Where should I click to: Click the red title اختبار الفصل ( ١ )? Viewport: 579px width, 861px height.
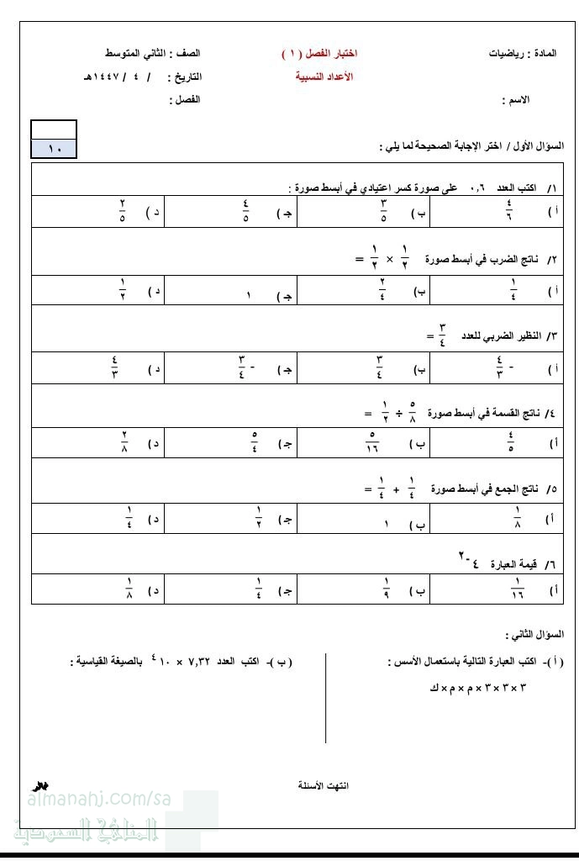(319, 54)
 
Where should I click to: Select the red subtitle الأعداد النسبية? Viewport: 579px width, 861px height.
(324, 77)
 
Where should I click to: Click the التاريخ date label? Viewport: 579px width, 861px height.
(185, 77)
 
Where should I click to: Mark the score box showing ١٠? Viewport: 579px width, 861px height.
(55, 149)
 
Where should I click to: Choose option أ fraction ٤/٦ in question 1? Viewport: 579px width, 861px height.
(509, 211)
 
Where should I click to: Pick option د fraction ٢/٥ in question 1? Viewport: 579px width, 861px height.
(123, 211)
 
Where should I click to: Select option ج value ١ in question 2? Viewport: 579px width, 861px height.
(249, 296)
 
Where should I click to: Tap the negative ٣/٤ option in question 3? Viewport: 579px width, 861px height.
(245, 368)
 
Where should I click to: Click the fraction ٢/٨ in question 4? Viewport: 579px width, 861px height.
(124, 442)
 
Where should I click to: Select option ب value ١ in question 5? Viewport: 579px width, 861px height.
(386, 525)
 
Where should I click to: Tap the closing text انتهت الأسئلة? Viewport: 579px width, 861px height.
(324, 785)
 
